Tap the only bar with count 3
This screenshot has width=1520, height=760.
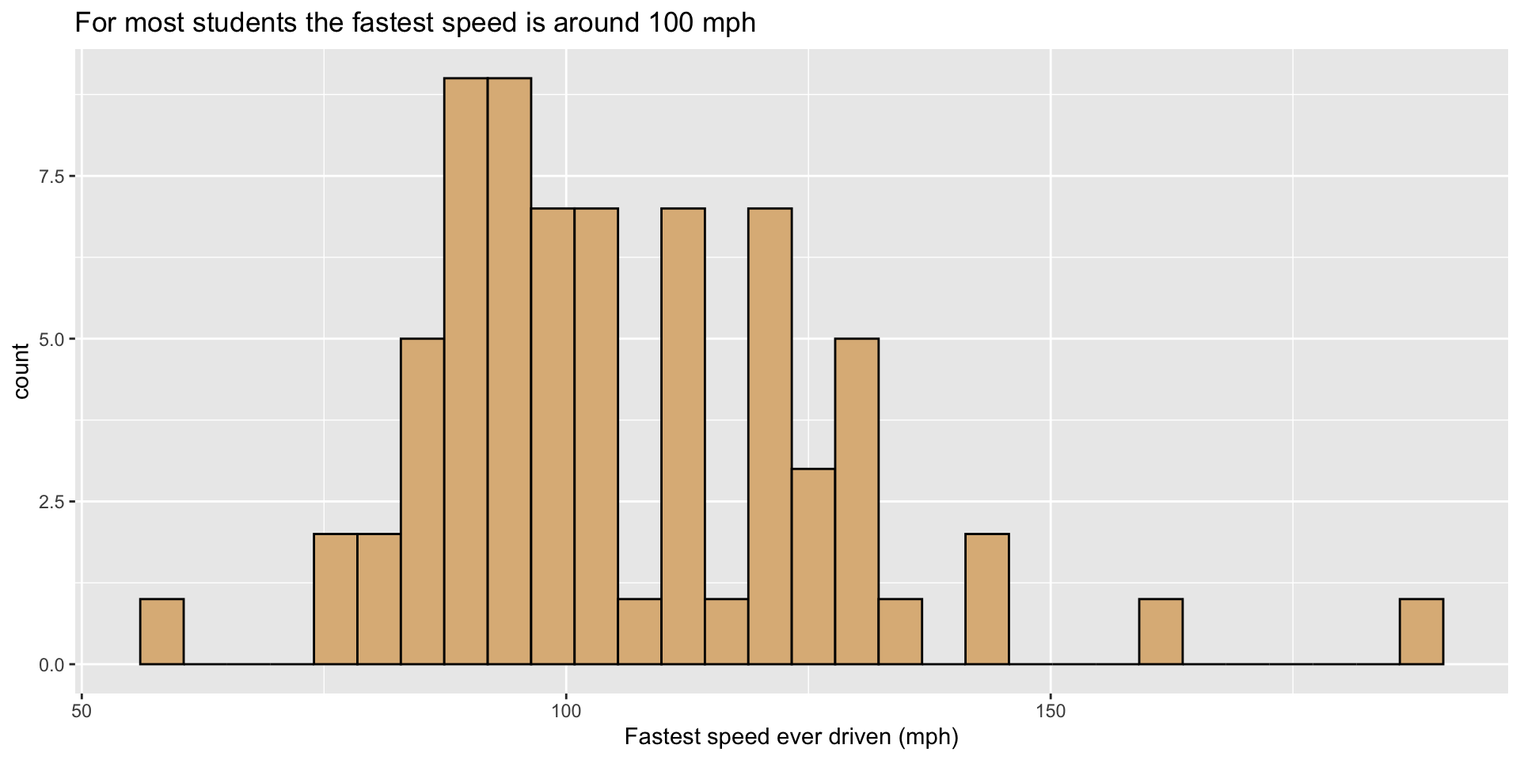(813, 566)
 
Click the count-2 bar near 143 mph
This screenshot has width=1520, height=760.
(986, 598)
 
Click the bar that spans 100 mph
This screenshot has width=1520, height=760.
(553, 435)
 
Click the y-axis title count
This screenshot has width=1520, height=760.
(21, 370)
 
